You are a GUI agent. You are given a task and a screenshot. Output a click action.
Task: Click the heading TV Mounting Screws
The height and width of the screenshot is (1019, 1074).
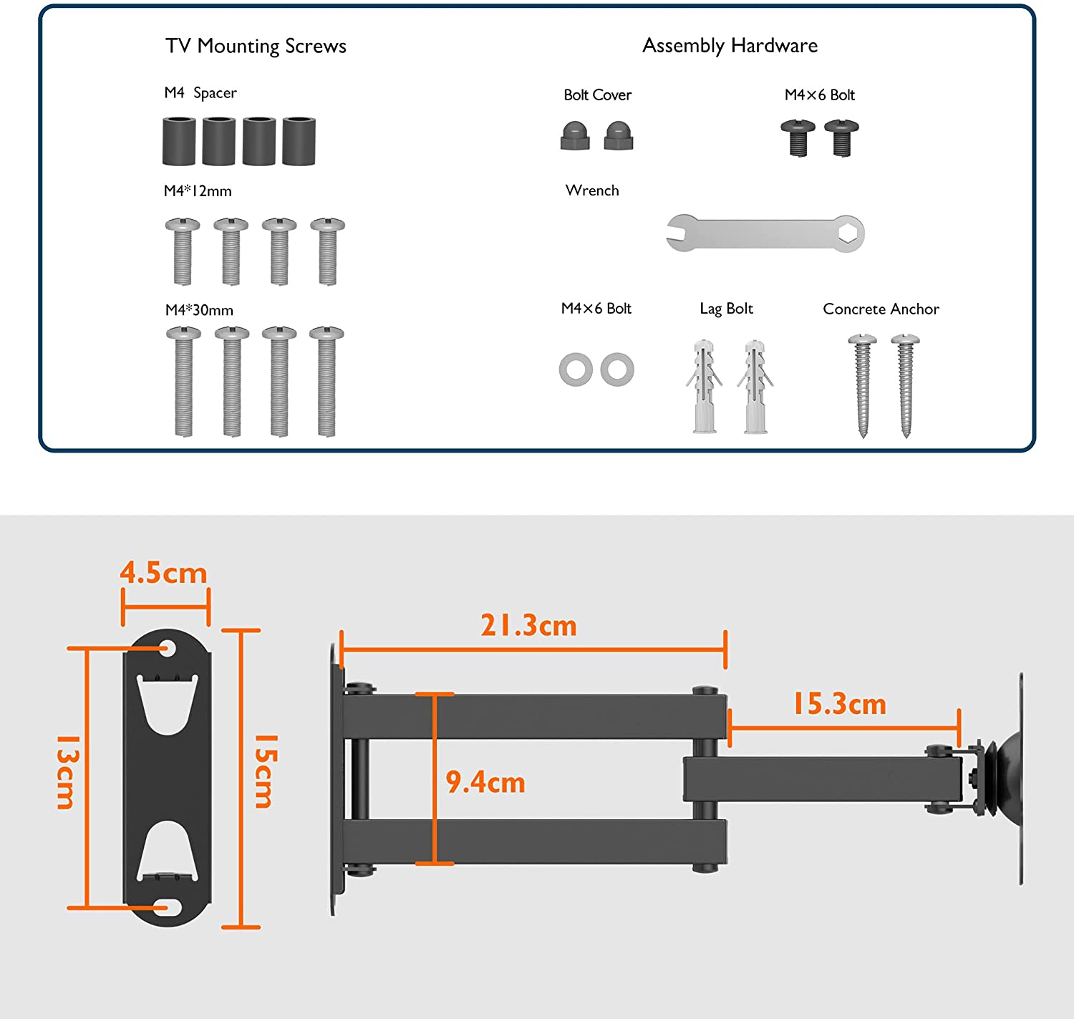256,47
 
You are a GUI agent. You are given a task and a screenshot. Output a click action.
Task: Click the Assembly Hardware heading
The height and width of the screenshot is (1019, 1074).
730,46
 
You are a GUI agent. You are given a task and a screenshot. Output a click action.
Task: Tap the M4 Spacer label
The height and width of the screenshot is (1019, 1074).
200,93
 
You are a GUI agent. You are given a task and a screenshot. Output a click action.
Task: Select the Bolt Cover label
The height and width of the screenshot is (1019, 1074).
597,95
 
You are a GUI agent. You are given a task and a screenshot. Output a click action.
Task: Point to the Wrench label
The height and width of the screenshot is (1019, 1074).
592,190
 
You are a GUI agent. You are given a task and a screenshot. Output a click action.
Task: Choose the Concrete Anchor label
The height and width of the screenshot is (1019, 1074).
881,309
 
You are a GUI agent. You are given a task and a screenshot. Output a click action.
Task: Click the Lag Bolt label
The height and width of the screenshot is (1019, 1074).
726,309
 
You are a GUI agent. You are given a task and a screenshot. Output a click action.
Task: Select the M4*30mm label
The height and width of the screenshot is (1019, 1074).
199,310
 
